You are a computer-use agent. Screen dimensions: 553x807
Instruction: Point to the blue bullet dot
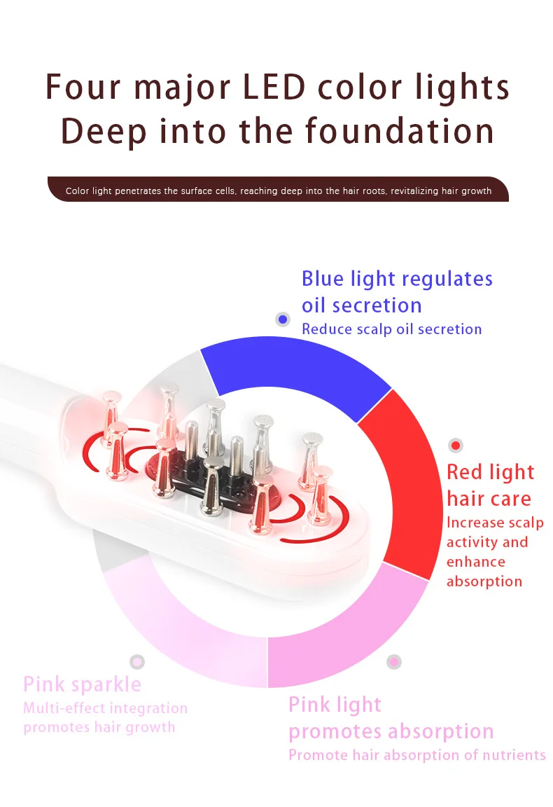(x=283, y=319)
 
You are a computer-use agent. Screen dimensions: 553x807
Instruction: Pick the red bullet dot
(x=456, y=445)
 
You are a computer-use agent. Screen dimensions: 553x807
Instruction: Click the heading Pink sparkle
(x=82, y=684)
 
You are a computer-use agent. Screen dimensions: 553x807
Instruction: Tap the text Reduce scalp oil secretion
(x=391, y=329)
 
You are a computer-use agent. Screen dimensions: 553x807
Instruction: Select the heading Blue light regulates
(x=397, y=279)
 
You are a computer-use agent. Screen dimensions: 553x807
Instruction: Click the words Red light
(x=490, y=472)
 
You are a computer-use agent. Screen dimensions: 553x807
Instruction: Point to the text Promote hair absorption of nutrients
(x=416, y=755)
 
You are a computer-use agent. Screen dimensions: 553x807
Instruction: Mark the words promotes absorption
(x=391, y=731)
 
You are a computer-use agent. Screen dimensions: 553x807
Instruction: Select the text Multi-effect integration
(x=105, y=708)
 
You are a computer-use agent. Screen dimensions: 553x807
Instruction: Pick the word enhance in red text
(x=475, y=562)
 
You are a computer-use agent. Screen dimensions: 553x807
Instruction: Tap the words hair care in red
(x=489, y=499)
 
